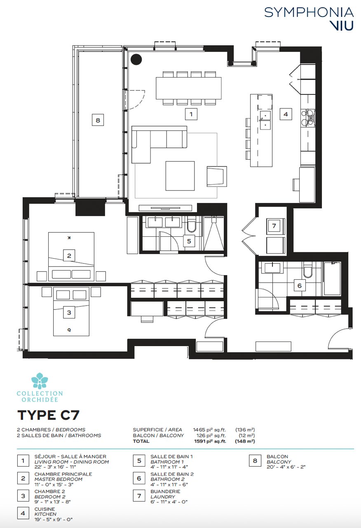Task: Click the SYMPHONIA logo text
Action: click(309, 12)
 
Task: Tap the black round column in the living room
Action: click(136, 59)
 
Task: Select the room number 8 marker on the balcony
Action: click(98, 120)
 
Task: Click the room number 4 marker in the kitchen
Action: click(286, 114)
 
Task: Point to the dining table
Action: click(188, 88)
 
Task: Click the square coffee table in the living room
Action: click(180, 176)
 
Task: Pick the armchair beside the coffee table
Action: click(217, 177)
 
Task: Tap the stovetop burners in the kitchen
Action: click(308, 118)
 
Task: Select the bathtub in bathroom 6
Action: click(332, 278)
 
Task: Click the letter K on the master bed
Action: click(69, 238)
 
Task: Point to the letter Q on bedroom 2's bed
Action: click(69, 330)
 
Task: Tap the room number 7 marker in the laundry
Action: click(274, 226)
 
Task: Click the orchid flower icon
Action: click(40, 381)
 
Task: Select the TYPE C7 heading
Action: click(48, 415)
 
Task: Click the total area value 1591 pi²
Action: click(210, 441)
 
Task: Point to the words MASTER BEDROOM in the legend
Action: click(59, 479)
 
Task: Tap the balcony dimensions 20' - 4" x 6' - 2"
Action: click(286, 467)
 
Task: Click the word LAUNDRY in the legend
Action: click(163, 497)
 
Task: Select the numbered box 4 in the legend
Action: click(23, 513)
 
